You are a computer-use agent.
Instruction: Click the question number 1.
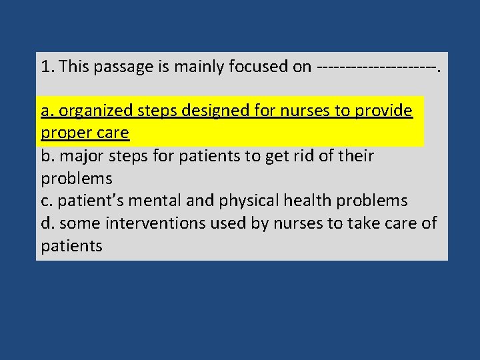coord(45,66)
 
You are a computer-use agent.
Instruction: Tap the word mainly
coord(197,66)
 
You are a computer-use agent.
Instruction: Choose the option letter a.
coord(45,111)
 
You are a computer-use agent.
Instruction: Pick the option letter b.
coord(45,156)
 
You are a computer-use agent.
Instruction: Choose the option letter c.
coord(45,201)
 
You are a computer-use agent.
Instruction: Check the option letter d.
coord(45,223)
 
